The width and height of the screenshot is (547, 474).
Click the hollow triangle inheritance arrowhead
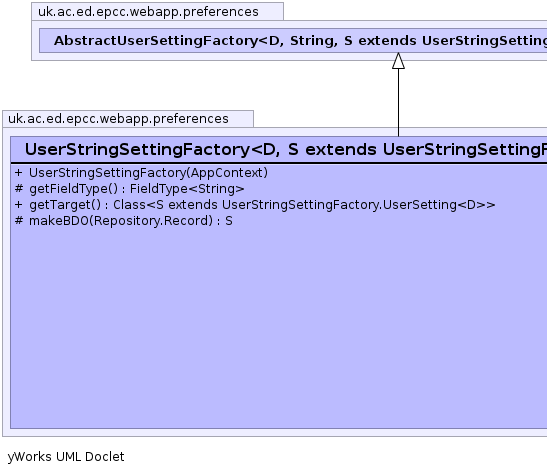(398, 61)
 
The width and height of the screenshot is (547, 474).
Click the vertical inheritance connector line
(398, 103)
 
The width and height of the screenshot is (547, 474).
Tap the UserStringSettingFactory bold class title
(137, 150)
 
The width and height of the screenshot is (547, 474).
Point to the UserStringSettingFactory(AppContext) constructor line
(148, 173)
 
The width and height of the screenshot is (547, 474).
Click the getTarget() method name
(65, 205)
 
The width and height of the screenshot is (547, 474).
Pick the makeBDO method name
(59, 221)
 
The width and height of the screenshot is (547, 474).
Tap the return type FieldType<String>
(187, 189)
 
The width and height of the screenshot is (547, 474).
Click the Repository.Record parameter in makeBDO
(151, 221)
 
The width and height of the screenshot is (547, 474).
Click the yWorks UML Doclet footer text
(66, 457)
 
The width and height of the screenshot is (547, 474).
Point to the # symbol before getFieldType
(19, 189)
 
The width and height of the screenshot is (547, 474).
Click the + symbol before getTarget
(19, 205)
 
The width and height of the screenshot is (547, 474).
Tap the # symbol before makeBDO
(19, 221)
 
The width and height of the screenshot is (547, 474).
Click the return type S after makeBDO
(229, 221)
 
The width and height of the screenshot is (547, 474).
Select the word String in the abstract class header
(314, 41)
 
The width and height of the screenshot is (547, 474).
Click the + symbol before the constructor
(19, 173)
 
